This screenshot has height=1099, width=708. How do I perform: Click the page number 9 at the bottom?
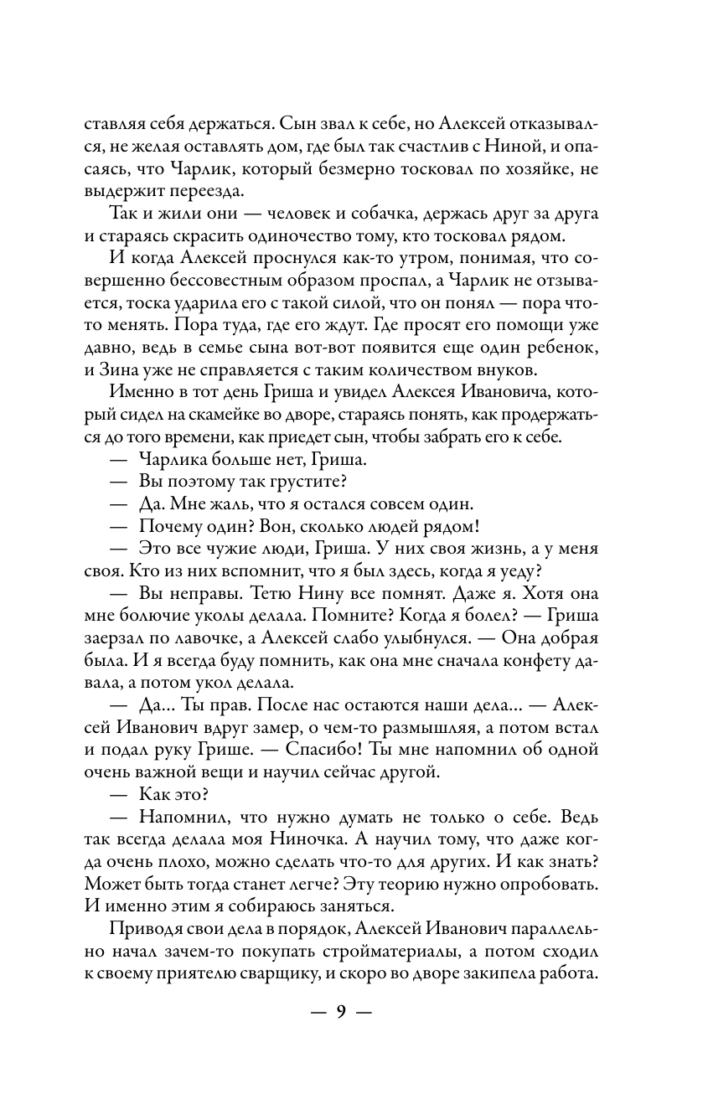pyautogui.click(x=341, y=1010)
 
